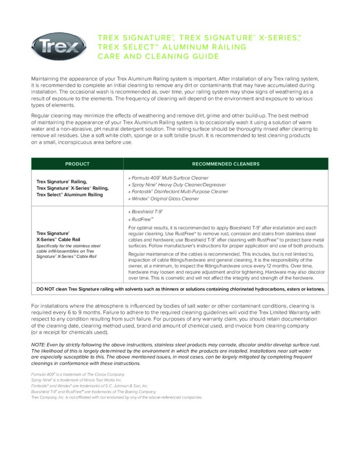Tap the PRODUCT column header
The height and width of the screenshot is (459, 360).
(77, 164)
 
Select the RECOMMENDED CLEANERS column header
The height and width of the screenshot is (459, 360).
(226, 164)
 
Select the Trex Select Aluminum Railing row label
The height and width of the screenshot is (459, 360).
(69, 195)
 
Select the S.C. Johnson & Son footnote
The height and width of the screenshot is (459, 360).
(89, 385)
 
